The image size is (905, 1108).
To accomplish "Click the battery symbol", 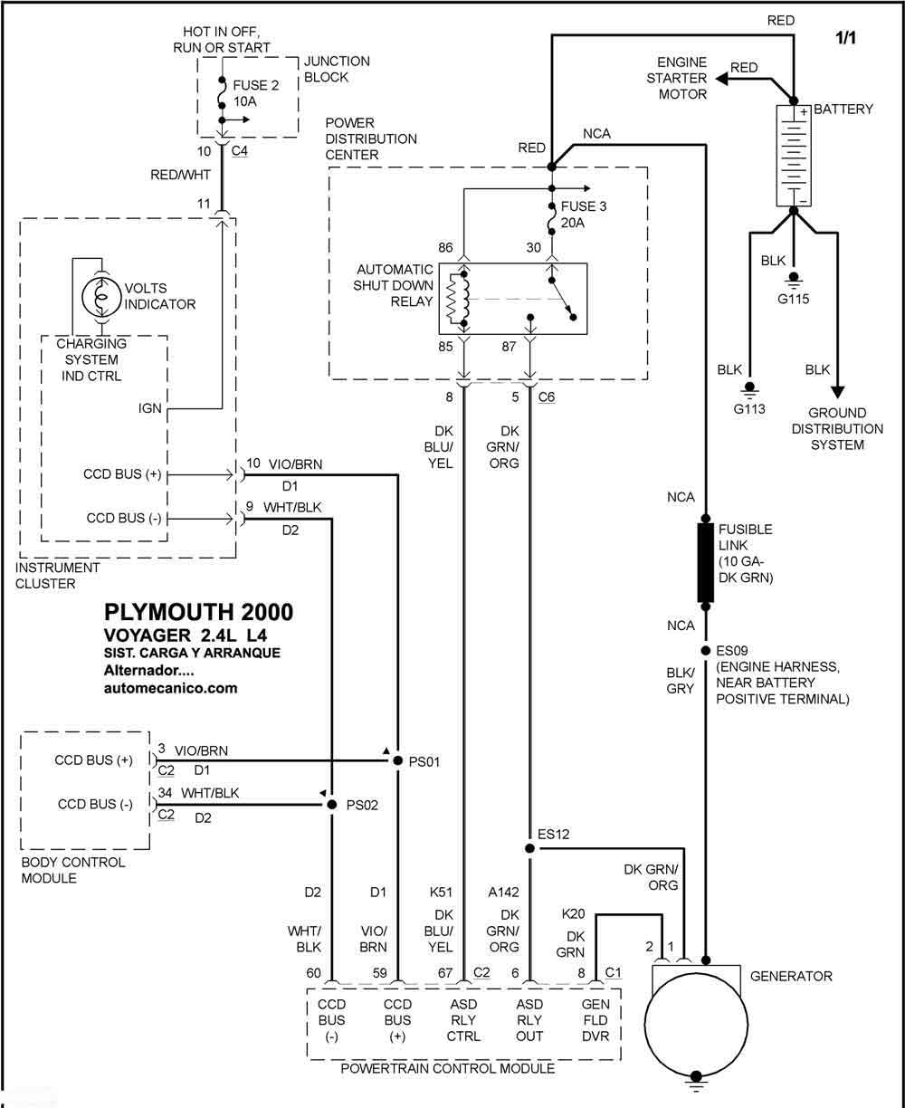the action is pos(793,156).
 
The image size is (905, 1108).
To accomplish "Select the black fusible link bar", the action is pos(705,563).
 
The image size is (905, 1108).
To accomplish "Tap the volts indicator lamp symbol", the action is pos(101,297).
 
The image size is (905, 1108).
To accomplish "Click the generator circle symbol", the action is pos(696,1024).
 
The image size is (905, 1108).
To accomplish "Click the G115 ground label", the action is pos(793,299).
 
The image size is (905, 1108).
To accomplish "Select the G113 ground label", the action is pos(749,409).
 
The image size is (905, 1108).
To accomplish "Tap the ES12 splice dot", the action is pos(529,848).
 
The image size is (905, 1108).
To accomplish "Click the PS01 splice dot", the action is pos(397,760).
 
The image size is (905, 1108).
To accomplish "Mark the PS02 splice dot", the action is pos(331,805).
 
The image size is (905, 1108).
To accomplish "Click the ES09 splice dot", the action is pos(705,650).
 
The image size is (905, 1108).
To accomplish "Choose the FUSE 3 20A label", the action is pos(584,215).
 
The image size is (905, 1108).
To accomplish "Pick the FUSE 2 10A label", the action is pos(256,93).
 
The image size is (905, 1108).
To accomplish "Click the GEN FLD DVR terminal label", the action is pos(595,1020).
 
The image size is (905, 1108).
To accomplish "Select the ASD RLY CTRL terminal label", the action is pos(463,1020).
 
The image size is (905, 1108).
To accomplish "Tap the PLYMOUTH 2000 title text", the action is pos(198,612).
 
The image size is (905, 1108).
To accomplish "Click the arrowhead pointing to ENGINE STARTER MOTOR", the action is pos(721,79).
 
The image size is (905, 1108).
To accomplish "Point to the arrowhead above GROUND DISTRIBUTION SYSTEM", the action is pos(837,392).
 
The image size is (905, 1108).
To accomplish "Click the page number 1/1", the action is pos(845,38).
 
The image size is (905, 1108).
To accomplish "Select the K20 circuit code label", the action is pos(573,914).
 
